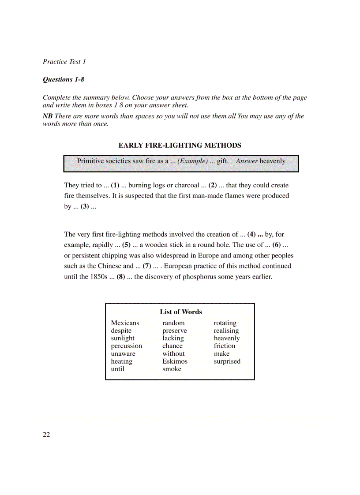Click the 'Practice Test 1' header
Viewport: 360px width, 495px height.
click(64, 62)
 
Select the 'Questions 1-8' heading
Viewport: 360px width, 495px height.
click(64, 79)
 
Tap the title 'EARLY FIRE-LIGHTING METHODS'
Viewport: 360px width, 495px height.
click(180, 145)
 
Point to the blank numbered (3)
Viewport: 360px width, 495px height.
click(85, 206)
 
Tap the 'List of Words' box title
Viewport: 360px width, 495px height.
click(181, 312)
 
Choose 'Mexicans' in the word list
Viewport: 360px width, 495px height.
click(125, 323)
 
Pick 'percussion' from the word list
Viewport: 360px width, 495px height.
click(127, 346)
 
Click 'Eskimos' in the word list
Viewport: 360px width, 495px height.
click(175, 361)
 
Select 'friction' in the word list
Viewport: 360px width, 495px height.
click(225, 346)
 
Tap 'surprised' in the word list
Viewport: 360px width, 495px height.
click(227, 361)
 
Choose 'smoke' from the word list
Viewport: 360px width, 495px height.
click(172, 369)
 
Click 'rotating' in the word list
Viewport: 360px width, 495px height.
click(225, 323)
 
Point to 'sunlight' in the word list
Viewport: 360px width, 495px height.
click(123, 339)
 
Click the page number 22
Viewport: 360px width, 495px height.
click(46, 435)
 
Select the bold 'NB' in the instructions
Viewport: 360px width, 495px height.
click(47, 116)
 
